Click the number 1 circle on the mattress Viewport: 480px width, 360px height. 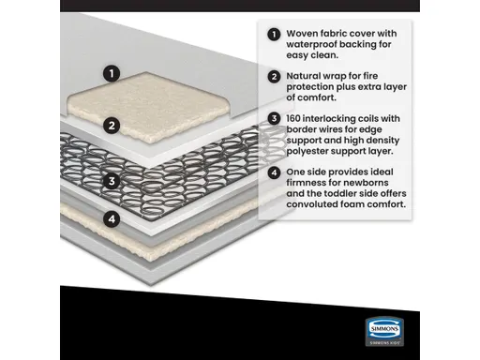pyautogui.click(x=112, y=72)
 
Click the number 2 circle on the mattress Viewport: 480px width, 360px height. pyautogui.click(x=112, y=125)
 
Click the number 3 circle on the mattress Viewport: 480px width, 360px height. pyautogui.click(x=112, y=182)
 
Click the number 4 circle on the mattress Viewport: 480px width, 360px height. pyautogui.click(x=112, y=219)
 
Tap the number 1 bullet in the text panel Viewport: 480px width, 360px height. pyautogui.click(x=274, y=35)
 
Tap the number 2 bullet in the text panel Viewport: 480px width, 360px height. pyautogui.click(x=274, y=76)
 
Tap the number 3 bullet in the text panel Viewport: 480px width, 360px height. pyautogui.click(x=274, y=119)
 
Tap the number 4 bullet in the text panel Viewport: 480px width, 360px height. pyautogui.click(x=274, y=172)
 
